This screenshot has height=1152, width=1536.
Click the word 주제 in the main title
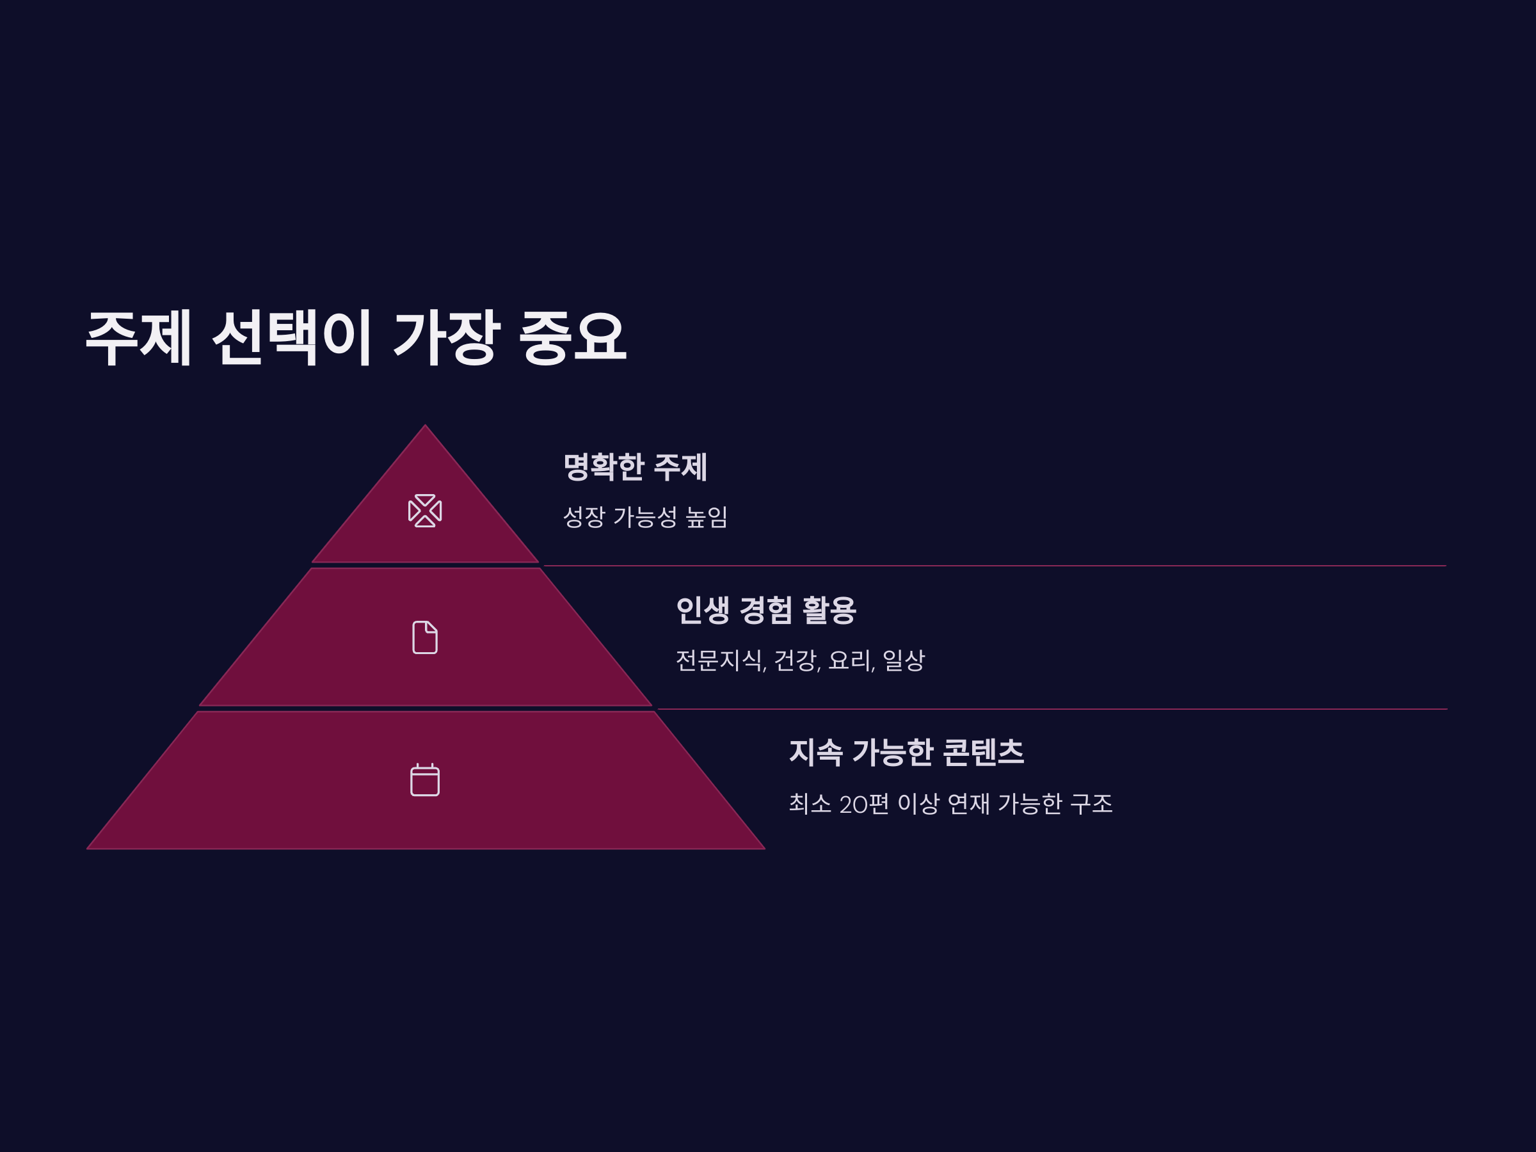138,337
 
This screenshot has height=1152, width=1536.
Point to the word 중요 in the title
573,337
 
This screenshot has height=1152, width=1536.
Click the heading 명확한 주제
635,467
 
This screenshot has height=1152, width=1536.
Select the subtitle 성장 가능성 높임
644,517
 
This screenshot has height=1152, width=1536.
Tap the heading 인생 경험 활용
765,611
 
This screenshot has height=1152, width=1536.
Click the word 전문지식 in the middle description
719,660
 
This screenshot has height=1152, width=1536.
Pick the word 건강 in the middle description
796,660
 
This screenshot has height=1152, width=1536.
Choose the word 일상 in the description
904,660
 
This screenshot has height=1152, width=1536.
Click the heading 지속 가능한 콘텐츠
906,753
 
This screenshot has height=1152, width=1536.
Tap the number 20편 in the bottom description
863,804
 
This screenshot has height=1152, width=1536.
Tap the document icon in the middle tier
425,637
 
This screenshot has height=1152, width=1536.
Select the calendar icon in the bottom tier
425,780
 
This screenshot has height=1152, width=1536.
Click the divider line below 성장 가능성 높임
993,566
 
